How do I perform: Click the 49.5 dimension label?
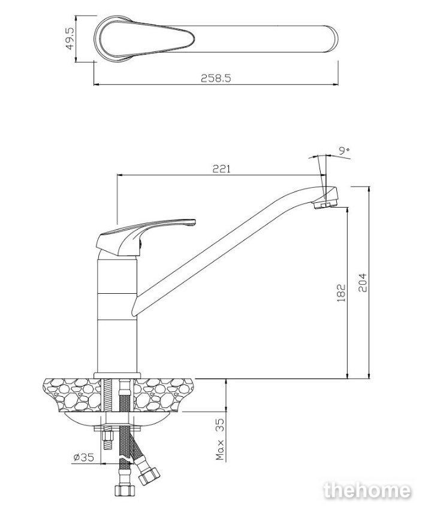pyautogui.click(x=70, y=38)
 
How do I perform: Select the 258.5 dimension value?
pyautogui.click(x=216, y=78)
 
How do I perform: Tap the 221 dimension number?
pyautogui.click(x=222, y=169)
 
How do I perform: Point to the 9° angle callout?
pyautogui.click(x=344, y=151)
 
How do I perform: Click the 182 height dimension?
pyautogui.click(x=341, y=293)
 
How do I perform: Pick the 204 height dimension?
pyautogui.click(x=363, y=283)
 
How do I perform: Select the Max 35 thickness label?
pyautogui.click(x=221, y=439)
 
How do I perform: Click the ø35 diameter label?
pyautogui.click(x=84, y=458)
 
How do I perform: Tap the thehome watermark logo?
pyautogui.click(x=367, y=490)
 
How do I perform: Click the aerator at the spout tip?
pyautogui.click(x=324, y=205)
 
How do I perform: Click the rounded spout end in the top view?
pyautogui.click(x=330, y=39)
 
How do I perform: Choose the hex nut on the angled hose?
pyautogui.click(x=149, y=475)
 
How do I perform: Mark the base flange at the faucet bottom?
pyautogui.click(x=117, y=375)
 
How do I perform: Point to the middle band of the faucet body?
pyautogui.click(x=117, y=306)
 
